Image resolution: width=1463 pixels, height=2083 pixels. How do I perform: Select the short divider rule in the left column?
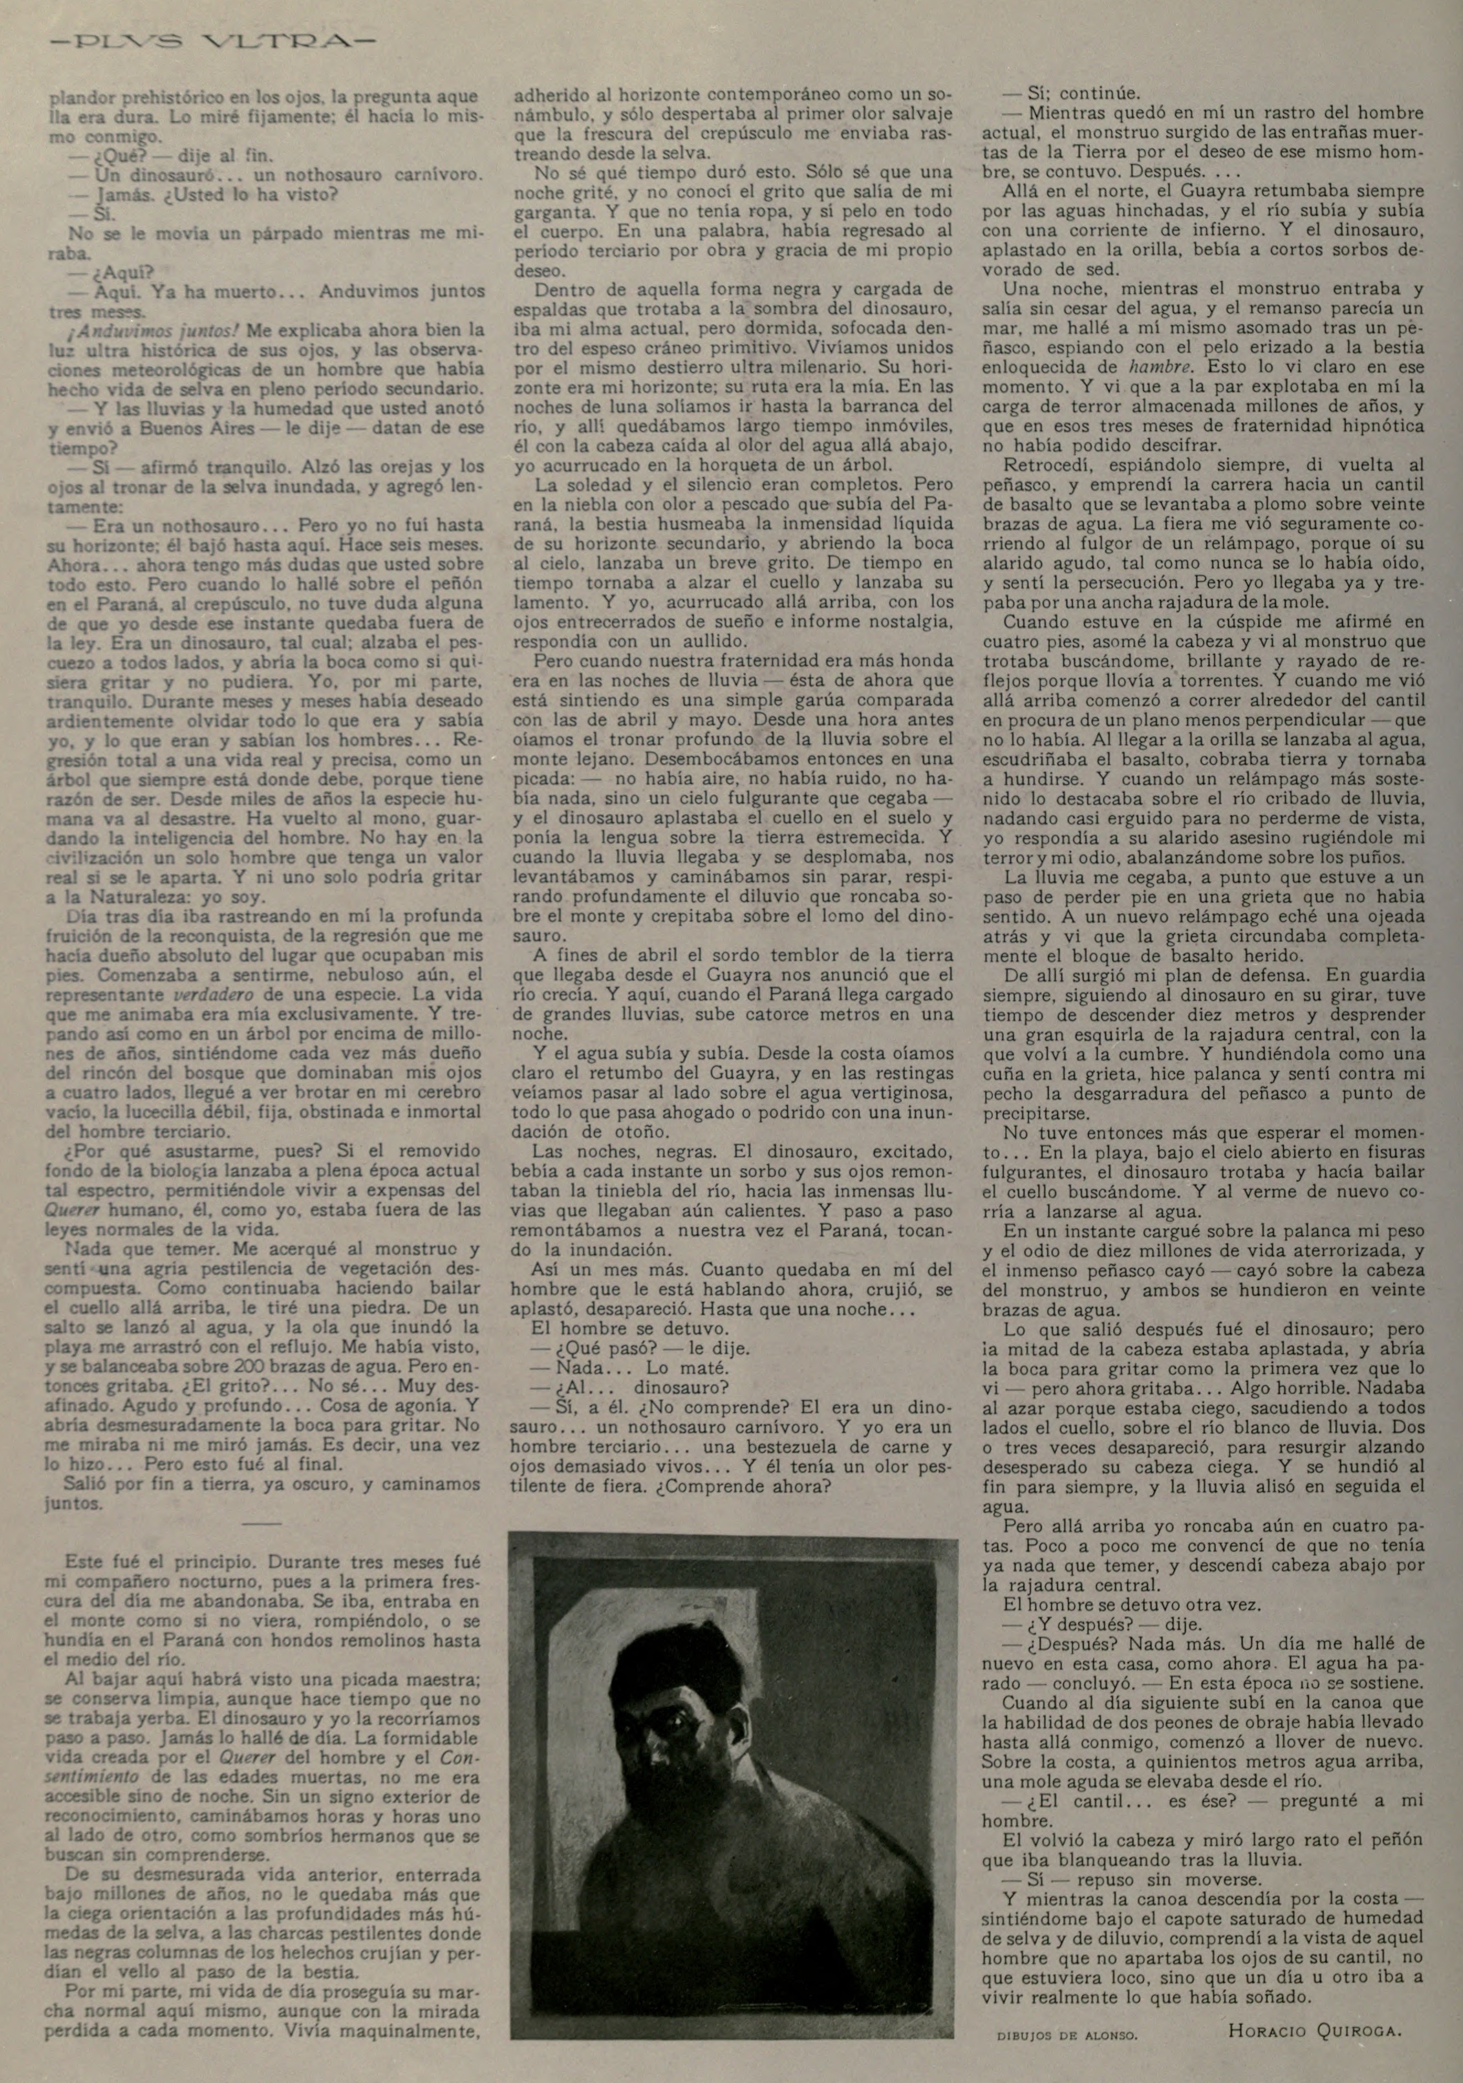262,1525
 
